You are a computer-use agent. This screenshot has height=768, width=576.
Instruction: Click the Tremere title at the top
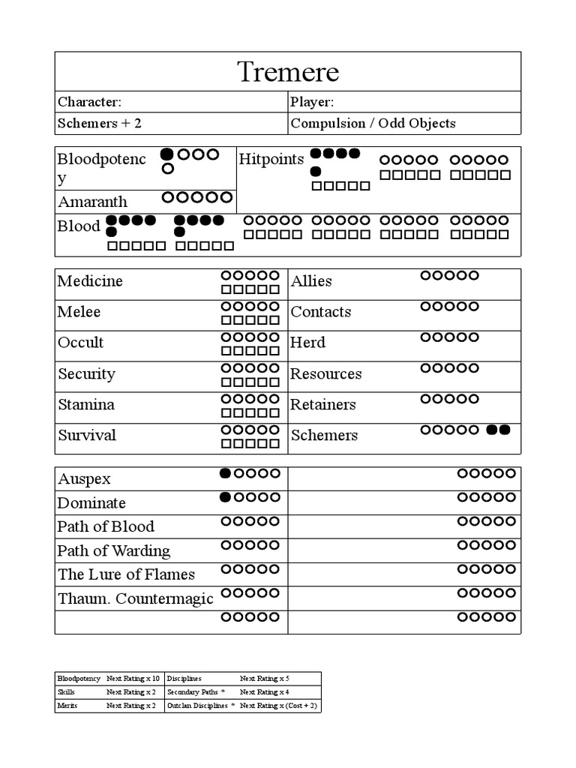pyautogui.click(x=288, y=72)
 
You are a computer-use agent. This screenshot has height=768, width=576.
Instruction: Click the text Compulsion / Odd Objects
pyautogui.click(x=373, y=124)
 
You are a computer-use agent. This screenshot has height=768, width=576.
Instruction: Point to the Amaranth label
pyautogui.click(x=92, y=202)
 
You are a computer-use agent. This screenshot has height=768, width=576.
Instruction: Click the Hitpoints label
pyautogui.click(x=271, y=159)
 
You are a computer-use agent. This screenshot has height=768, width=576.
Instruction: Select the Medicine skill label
pyautogui.click(x=90, y=281)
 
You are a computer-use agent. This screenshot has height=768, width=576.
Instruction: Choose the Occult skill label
pyautogui.click(x=80, y=343)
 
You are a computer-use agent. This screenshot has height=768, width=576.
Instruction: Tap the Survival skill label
pyautogui.click(x=86, y=436)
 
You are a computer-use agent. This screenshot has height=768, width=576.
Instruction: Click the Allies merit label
pyautogui.click(x=311, y=281)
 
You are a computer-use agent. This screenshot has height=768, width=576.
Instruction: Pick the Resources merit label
pyautogui.click(x=325, y=374)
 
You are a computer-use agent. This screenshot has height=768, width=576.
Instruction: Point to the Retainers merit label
pyautogui.click(x=322, y=405)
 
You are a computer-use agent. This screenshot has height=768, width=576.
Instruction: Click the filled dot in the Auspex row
pyautogui.click(x=225, y=473)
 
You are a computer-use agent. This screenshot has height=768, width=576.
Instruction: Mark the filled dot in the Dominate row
pyautogui.click(x=225, y=497)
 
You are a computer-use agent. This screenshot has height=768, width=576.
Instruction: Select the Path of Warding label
pyautogui.click(x=113, y=551)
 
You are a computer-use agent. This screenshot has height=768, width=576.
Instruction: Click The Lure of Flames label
pyautogui.click(x=126, y=575)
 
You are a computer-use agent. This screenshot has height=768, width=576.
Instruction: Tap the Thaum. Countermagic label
pyautogui.click(x=135, y=599)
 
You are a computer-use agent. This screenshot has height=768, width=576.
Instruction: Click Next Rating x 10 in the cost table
pyautogui.click(x=133, y=678)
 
